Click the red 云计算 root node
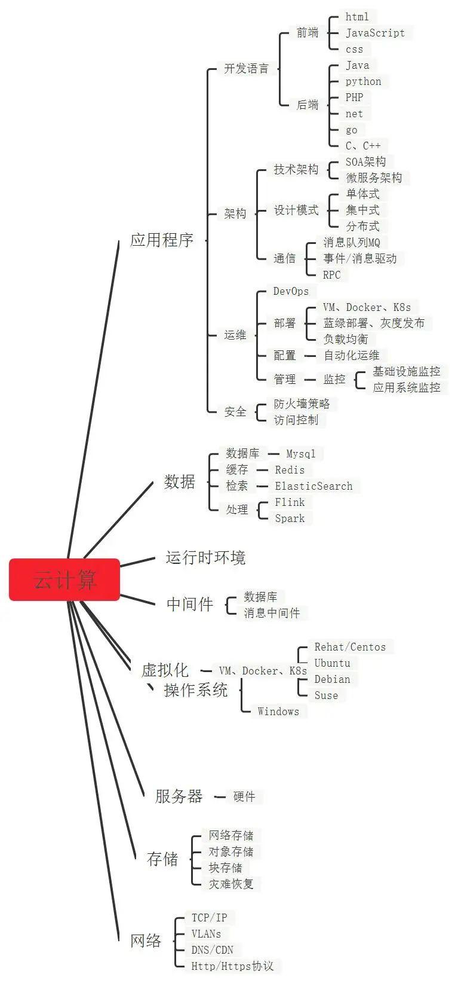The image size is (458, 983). (x=64, y=579)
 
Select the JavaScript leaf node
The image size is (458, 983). (x=375, y=33)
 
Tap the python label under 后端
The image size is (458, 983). (x=363, y=81)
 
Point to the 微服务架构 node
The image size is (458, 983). (x=374, y=178)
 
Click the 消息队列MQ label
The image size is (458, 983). (x=352, y=242)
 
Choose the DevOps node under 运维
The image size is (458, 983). (x=291, y=291)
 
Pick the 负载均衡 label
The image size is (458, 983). (x=346, y=339)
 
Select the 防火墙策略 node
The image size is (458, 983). (x=302, y=404)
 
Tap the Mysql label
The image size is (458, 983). (x=300, y=454)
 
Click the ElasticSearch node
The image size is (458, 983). (x=313, y=486)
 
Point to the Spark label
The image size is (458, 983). (x=290, y=518)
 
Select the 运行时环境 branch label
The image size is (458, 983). (x=205, y=558)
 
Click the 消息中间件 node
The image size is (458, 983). (x=272, y=613)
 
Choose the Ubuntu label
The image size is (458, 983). (x=332, y=663)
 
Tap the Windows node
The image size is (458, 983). (x=278, y=712)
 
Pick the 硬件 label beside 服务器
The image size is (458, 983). (x=244, y=796)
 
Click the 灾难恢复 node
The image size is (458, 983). (x=230, y=884)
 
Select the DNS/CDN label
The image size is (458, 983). (x=212, y=950)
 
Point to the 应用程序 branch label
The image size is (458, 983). (x=162, y=240)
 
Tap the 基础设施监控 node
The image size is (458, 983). (x=406, y=371)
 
